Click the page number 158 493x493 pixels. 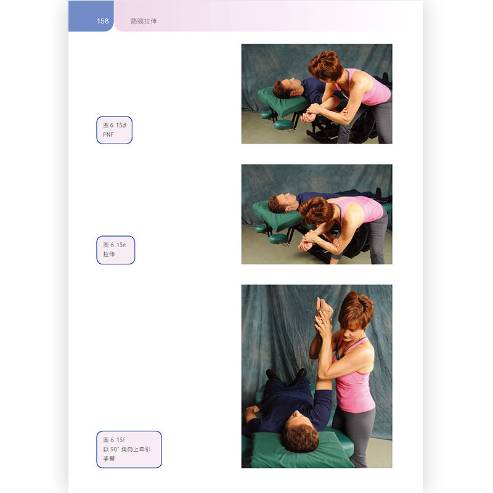(102, 21)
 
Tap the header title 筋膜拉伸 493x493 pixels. (144, 21)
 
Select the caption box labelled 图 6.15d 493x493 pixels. (114, 130)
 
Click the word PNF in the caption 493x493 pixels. (108, 134)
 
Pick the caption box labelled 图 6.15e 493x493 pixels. (115, 250)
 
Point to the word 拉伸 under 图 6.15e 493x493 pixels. (109, 254)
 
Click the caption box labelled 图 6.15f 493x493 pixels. (129, 449)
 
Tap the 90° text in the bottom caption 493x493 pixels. (115, 449)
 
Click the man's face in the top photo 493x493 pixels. (293, 86)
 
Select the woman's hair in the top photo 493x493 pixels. (325, 66)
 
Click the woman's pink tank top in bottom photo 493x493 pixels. (353, 383)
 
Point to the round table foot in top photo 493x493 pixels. (283, 124)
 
